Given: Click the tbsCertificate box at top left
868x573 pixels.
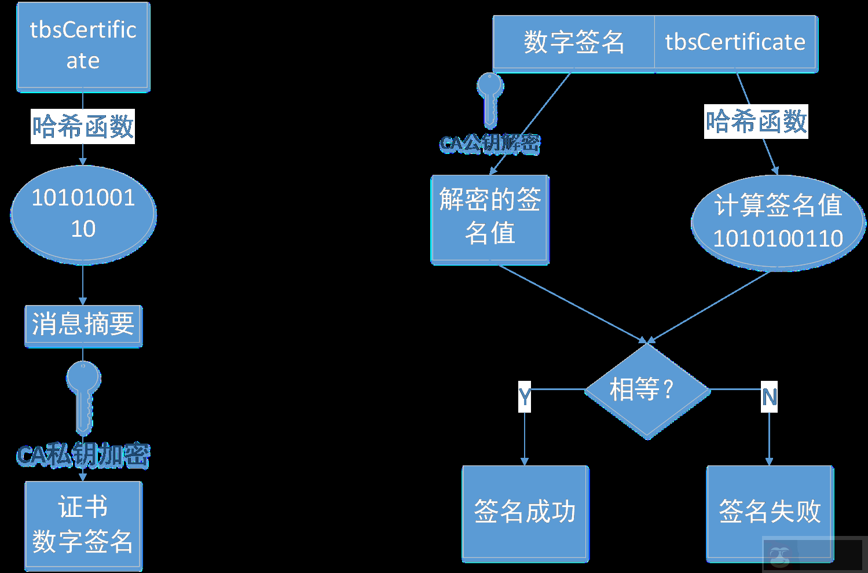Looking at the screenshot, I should pos(83,46).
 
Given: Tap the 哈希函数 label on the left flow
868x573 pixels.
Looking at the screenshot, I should pos(83,126).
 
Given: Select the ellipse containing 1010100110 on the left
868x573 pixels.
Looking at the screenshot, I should pos(83,214).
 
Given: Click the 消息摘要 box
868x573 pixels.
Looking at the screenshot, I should pos(83,325).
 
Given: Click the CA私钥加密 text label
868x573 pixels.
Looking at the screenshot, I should pos(83,456).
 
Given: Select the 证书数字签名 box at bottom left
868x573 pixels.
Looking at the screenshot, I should pos(83,525).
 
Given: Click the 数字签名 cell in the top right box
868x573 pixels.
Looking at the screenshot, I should pos(573,43).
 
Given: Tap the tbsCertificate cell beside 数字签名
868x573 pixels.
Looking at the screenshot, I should pos(735,43).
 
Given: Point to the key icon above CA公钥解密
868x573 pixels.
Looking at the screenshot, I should pos(490,98).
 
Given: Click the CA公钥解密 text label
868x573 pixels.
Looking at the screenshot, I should pos(490,143).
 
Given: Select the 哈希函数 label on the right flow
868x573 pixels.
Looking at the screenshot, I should pos(756,122).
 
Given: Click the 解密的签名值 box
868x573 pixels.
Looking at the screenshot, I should pos(490,219).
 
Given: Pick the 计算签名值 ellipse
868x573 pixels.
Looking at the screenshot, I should pos(778,222).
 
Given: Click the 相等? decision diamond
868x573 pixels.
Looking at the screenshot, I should pos(647,390).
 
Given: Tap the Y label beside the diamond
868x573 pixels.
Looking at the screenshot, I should pos(525,396).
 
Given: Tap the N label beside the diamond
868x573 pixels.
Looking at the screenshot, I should pos(769,397).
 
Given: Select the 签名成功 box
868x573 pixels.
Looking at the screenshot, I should pos(525,513).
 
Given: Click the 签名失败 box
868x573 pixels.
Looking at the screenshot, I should pos(770,513).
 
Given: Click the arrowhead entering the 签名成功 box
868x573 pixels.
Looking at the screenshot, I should pos(525,461).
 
